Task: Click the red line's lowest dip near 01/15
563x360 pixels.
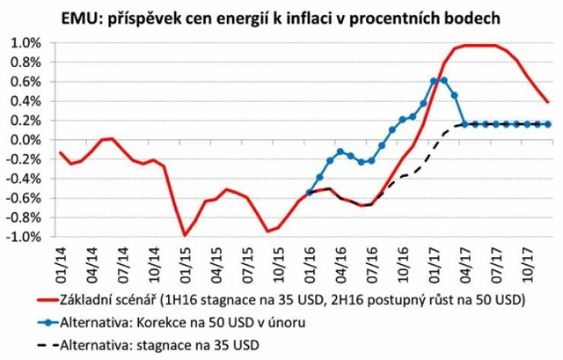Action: click(x=185, y=235)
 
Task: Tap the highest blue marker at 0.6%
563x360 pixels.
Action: click(x=434, y=81)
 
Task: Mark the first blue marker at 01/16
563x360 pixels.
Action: click(x=309, y=192)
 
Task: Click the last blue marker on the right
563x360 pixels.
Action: click(x=548, y=124)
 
